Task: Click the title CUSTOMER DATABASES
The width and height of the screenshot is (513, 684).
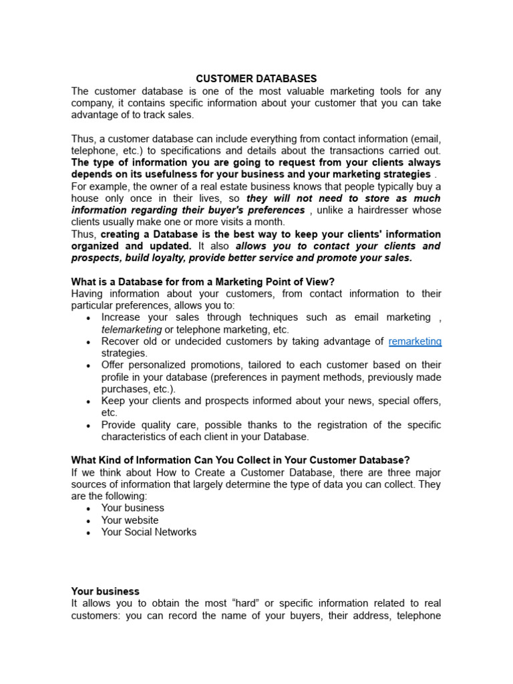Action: click(x=256, y=79)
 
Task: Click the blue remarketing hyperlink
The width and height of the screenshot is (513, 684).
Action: click(x=415, y=341)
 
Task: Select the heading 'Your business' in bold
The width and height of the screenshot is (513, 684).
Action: click(x=105, y=591)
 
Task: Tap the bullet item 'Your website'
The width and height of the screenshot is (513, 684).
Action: click(x=130, y=520)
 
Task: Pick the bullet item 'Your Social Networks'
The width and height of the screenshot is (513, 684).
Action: click(x=148, y=532)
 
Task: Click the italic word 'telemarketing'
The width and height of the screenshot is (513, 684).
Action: click(x=132, y=329)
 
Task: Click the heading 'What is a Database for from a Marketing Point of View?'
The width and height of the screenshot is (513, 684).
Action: click(x=202, y=282)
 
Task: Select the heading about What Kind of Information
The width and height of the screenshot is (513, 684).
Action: click(x=240, y=460)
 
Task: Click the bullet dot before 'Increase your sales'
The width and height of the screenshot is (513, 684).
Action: click(x=88, y=318)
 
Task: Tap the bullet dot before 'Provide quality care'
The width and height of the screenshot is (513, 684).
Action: click(x=88, y=425)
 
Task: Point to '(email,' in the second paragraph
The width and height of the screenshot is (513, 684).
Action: click(x=425, y=139)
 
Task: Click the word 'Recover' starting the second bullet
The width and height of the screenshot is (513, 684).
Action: click(x=120, y=341)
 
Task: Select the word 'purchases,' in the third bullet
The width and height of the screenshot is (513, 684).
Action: click(x=125, y=389)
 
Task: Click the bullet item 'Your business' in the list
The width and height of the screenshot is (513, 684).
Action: click(x=132, y=508)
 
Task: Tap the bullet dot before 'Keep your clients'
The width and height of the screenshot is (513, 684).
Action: click(x=88, y=401)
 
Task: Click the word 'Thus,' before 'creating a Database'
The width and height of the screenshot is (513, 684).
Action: click(x=84, y=234)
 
